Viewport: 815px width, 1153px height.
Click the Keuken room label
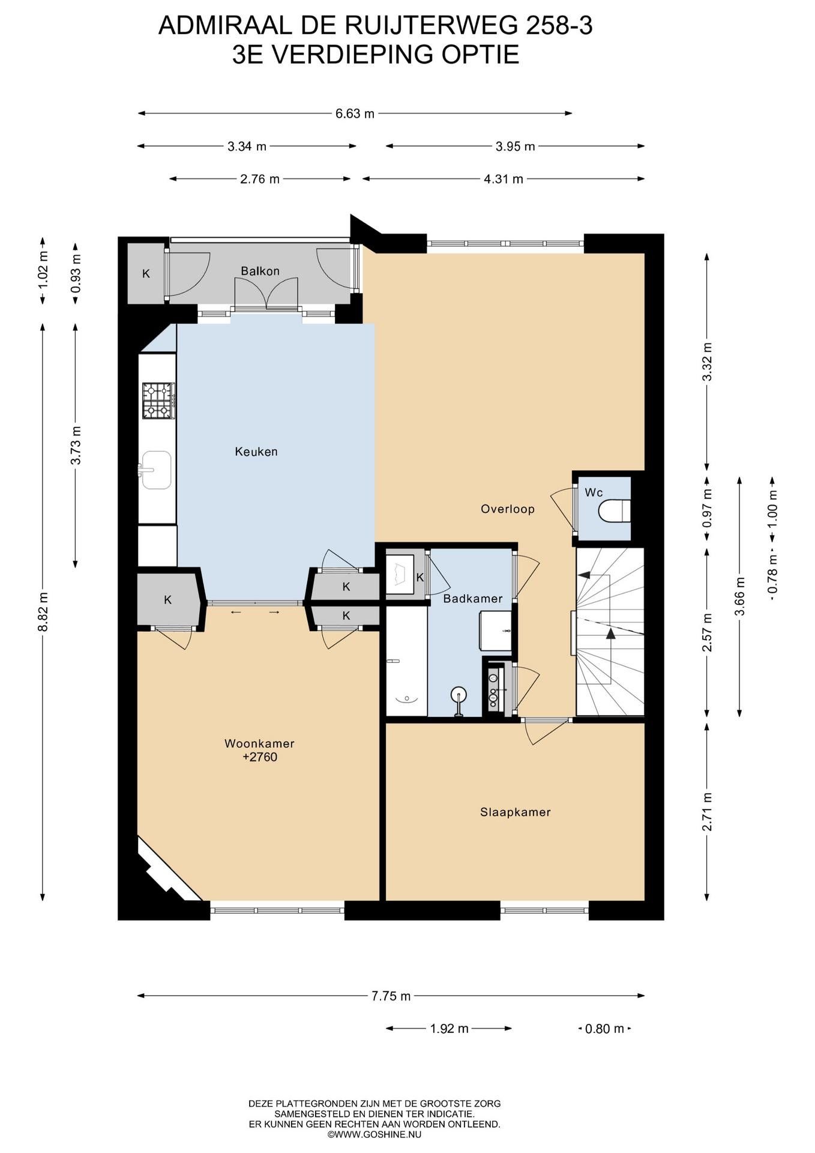tap(256, 452)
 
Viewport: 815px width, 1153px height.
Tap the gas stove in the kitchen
tap(158, 401)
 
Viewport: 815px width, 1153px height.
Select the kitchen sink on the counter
tap(156, 470)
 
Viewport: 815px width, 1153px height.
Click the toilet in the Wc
tap(615, 511)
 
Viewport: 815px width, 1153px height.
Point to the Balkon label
tap(260, 271)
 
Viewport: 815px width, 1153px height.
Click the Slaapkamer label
tap(515, 812)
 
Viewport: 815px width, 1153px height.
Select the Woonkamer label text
tap(259, 743)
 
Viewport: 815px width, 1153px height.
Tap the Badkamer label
tap(473, 598)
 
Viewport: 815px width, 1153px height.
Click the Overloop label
tap(508, 509)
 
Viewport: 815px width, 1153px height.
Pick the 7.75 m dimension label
tap(391, 996)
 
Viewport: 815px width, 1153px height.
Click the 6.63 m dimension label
tap(355, 113)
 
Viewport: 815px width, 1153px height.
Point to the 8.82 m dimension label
tap(43, 611)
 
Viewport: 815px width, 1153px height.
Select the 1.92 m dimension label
tap(449, 1028)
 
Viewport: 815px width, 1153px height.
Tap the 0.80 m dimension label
tap(604, 1028)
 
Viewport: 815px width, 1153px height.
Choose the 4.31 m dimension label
tap(504, 179)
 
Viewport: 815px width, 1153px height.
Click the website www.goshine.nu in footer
tap(374, 1134)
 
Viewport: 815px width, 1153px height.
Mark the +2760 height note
tap(260, 757)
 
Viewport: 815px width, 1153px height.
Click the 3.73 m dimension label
tap(76, 445)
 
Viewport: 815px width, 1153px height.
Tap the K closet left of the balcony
tap(146, 274)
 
